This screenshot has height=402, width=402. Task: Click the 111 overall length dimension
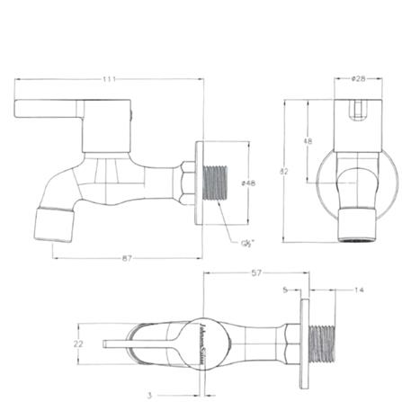109,79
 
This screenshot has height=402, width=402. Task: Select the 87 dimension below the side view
126,258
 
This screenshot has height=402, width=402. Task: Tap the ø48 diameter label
248,183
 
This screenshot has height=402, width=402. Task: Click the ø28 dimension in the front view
358,79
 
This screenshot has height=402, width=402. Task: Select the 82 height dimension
284,171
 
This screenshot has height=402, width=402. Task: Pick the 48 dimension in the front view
308,141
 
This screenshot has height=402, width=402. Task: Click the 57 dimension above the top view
255,272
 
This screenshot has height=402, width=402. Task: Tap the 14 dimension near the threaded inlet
359,290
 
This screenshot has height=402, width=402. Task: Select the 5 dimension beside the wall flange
284,290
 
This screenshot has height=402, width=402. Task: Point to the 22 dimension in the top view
78,343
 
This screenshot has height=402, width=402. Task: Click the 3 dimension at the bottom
148,393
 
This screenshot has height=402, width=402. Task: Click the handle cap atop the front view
357,112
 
